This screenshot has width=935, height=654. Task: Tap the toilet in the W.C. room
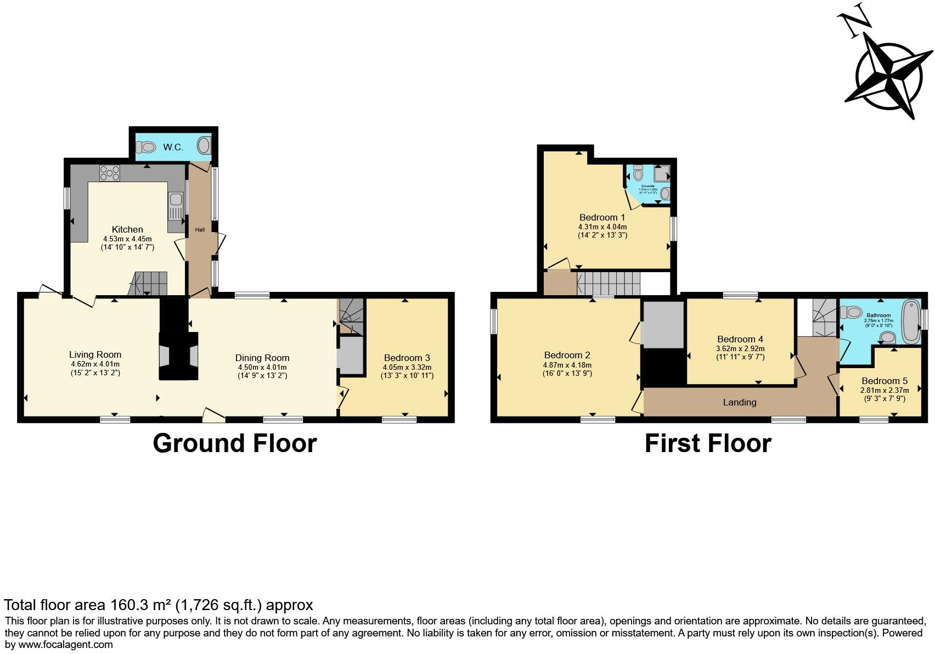pos(146,147)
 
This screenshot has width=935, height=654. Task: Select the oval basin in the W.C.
pos(204,146)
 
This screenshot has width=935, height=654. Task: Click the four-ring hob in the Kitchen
pos(110,173)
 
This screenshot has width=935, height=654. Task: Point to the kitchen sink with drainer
pos(176,207)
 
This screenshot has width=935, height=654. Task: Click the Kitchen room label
pos(127,229)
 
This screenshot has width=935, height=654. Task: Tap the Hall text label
pos(200,229)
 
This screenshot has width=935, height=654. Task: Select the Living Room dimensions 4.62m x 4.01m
pos(95,364)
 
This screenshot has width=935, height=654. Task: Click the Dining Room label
pos(262,358)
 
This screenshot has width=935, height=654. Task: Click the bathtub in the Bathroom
pos(910,320)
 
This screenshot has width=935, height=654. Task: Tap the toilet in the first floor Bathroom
pos(854,312)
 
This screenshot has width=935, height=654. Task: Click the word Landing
pos(739,402)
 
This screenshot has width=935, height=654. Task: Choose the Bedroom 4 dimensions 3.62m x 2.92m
pos(740,348)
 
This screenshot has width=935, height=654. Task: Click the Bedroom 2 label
pos(567,355)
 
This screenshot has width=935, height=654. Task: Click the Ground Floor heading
pos(234,443)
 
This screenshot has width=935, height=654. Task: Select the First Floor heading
pos(707,443)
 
